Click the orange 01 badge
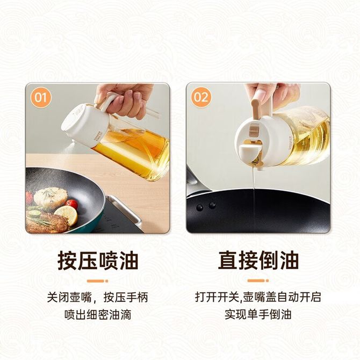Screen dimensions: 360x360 click(x=41, y=97)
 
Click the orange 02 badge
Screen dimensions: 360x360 click(x=201, y=97)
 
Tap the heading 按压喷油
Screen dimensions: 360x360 click(x=98, y=261)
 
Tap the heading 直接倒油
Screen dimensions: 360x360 click(x=258, y=261)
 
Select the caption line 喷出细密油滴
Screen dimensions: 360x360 click(x=98, y=314)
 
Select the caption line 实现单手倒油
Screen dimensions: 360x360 click(x=258, y=314)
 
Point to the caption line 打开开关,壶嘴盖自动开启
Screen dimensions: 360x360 click(x=258, y=297)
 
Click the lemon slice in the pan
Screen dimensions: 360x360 click(x=67, y=215)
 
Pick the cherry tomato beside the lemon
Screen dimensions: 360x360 click(x=71, y=204)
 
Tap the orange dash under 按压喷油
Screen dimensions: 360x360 click(x=98, y=281)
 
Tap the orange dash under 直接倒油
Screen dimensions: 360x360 click(x=258, y=281)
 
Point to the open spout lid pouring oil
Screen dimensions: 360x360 click(x=250, y=152)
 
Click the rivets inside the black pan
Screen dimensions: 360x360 click(x=206, y=206)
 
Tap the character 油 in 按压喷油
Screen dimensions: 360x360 click(x=128, y=261)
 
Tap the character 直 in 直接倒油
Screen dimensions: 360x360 click(x=227, y=261)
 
